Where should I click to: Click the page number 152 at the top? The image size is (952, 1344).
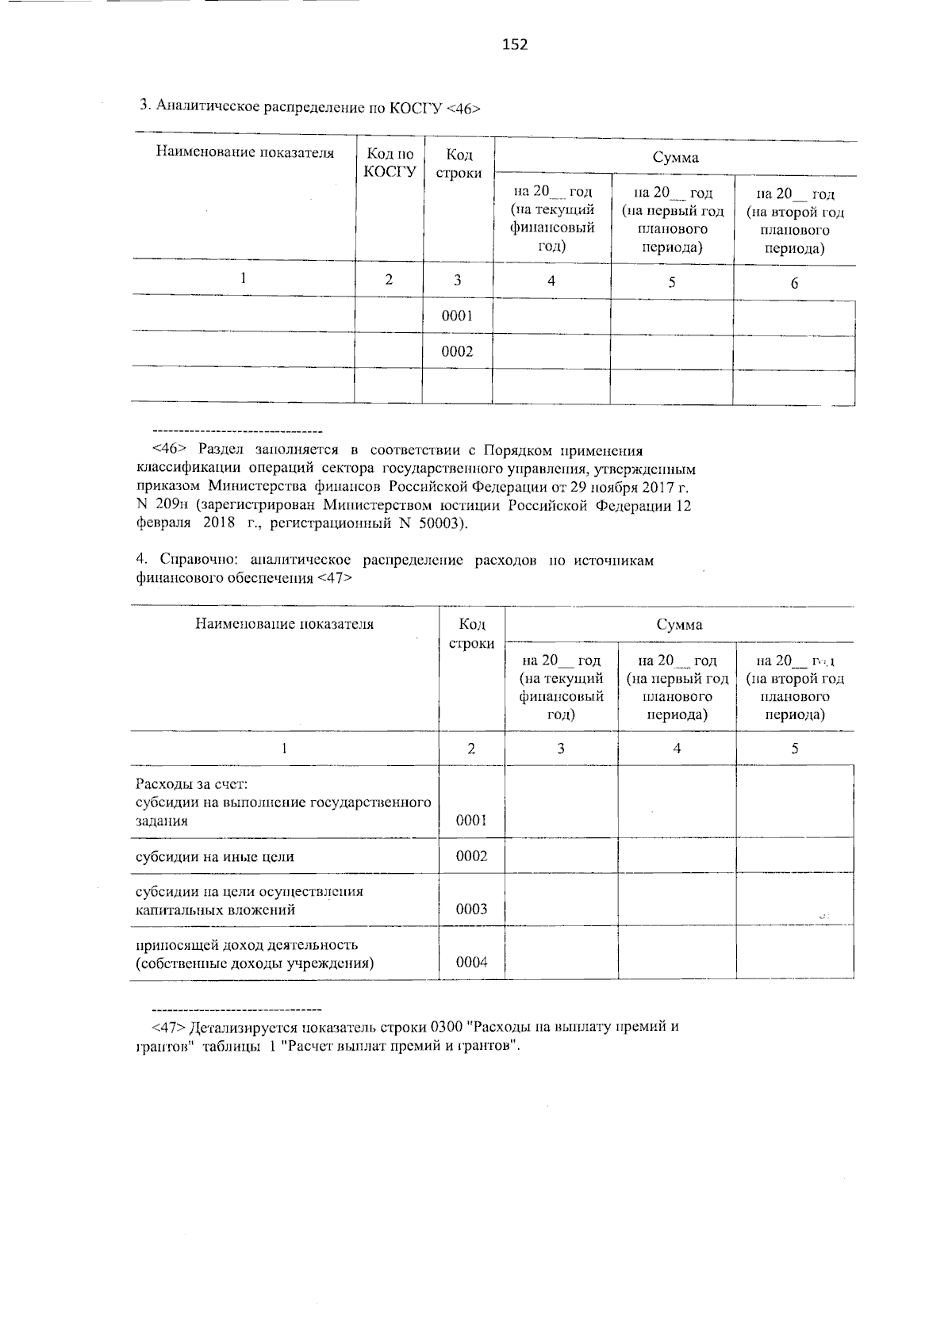tap(515, 44)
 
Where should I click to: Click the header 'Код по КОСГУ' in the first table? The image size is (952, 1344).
tap(390, 163)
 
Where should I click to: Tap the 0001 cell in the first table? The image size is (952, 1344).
tap(457, 316)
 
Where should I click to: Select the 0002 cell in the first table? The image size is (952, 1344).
tap(457, 351)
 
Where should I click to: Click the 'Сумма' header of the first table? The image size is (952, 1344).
tap(675, 157)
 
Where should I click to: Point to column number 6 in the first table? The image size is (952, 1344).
tap(794, 283)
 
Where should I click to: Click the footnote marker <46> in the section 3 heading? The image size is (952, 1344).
tap(463, 109)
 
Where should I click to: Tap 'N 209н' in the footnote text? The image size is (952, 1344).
tap(164, 505)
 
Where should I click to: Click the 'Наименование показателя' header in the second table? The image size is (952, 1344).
tap(284, 623)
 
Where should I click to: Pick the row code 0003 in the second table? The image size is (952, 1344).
tap(471, 909)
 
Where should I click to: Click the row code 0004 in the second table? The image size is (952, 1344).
tap(471, 963)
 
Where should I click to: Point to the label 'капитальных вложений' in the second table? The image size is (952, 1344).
tap(215, 909)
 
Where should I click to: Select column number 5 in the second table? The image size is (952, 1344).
tap(794, 748)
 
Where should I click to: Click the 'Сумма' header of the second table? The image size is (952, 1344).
tap(678, 625)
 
